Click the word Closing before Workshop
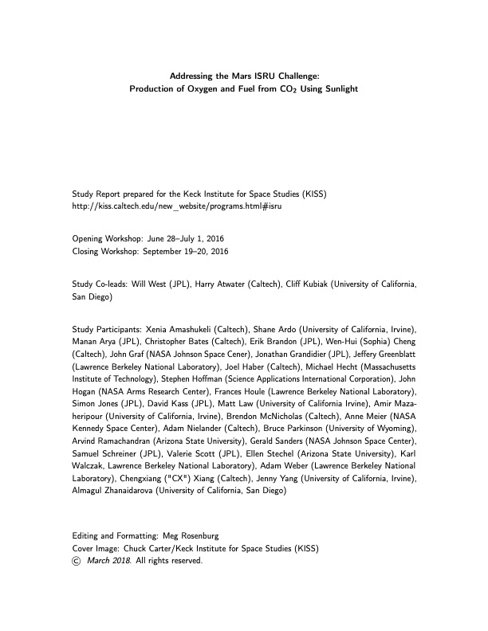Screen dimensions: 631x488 [87, 252]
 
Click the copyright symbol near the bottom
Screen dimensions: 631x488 [77, 561]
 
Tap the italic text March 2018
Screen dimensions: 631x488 [110, 561]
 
